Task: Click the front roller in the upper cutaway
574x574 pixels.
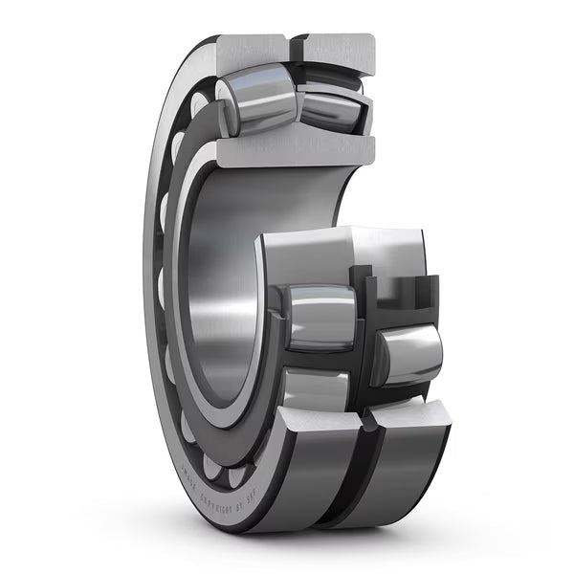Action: (x=253, y=101)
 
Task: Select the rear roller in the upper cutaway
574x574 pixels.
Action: (x=330, y=105)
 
